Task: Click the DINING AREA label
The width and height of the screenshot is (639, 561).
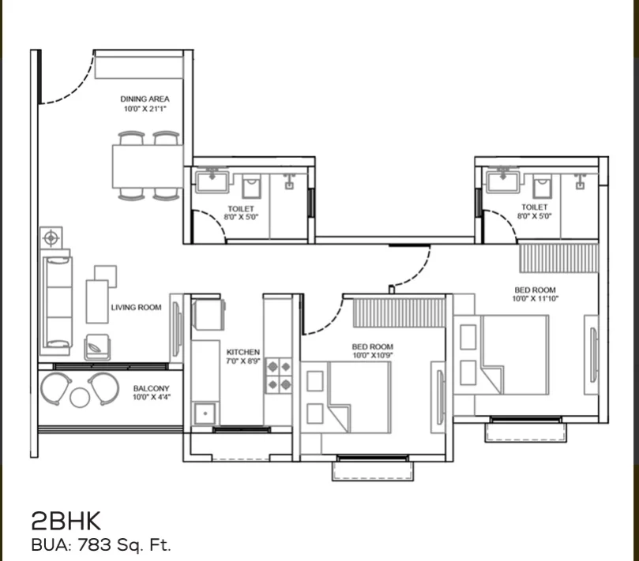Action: tap(145, 99)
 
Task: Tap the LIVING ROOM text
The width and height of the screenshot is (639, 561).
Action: tap(136, 308)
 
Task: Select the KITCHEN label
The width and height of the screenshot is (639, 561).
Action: tap(242, 352)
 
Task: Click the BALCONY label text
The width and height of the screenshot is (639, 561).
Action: tap(150, 389)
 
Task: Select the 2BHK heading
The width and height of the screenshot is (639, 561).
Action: tap(66, 520)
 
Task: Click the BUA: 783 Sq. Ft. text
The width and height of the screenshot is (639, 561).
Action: tap(100, 544)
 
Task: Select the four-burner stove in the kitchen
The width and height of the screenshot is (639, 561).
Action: tap(277, 376)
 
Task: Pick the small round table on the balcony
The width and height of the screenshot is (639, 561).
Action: tap(80, 397)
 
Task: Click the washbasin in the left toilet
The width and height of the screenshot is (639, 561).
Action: tap(212, 183)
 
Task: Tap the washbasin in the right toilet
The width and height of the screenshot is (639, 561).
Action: tap(502, 182)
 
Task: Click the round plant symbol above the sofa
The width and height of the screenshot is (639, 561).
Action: tap(51, 237)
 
